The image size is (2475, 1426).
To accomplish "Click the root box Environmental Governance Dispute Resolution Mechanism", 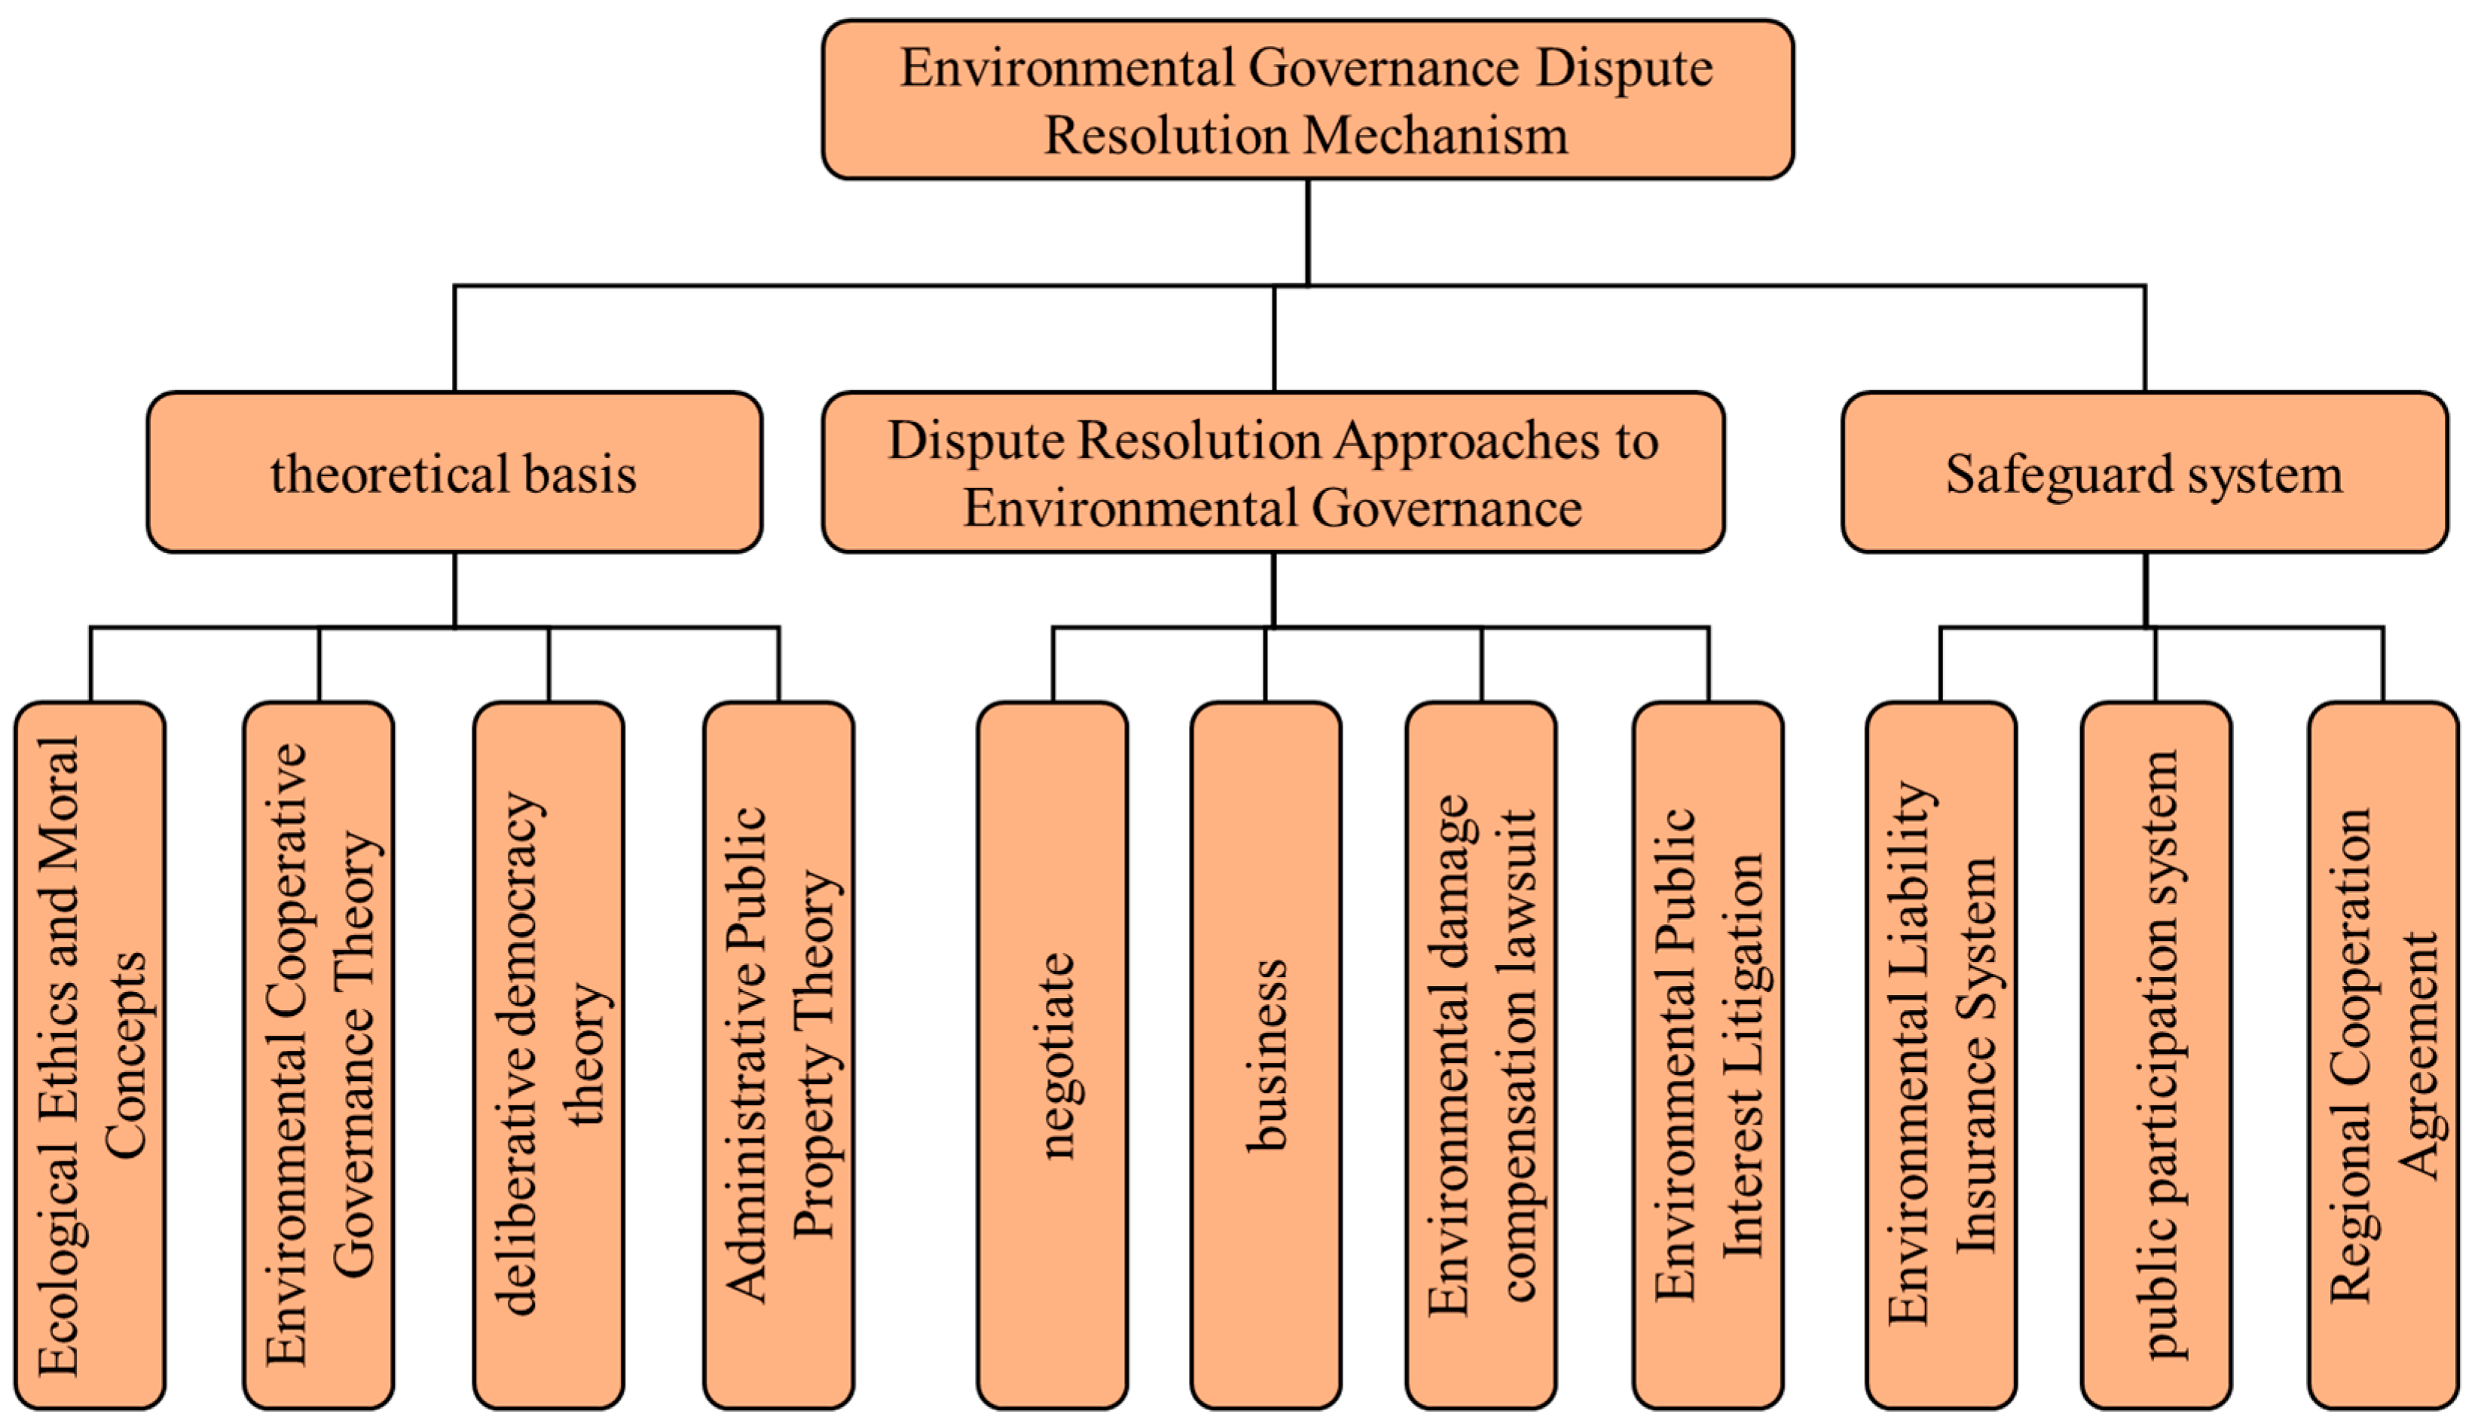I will pyautogui.click(x=1306, y=100).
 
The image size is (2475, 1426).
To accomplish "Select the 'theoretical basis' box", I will pyautogui.click(x=454, y=473).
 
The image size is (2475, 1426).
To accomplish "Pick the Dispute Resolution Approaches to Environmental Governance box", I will pyautogui.click(x=1273, y=473).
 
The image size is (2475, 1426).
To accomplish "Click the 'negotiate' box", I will pyautogui.click(x=1052, y=1055).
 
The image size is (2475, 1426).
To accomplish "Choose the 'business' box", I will pyautogui.click(x=1266, y=1055).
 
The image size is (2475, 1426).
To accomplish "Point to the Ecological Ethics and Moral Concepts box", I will pyautogui.click(x=90, y=1055).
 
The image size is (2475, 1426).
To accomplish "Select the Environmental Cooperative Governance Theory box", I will pyautogui.click(x=318, y=1055).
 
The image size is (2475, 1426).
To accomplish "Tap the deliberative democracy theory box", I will pyautogui.click(x=548, y=1055).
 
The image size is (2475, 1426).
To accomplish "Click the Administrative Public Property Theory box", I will pyautogui.click(x=778, y=1055).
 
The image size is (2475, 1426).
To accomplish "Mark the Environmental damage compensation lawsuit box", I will pyautogui.click(x=1481, y=1055).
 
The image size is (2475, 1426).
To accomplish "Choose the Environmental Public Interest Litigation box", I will pyautogui.click(x=1708, y=1055).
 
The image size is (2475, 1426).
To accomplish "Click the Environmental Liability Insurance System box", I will pyautogui.click(x=1940, y=1055).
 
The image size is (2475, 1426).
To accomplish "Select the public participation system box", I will pyautogui.click(x=2156, y=1055).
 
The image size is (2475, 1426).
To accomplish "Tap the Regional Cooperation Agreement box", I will pyautogui.click(x=2382, y=1055).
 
